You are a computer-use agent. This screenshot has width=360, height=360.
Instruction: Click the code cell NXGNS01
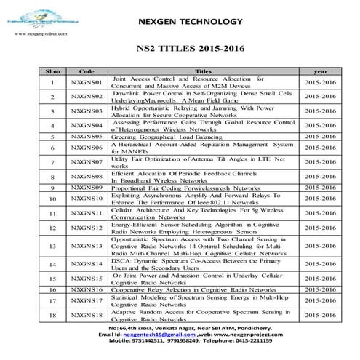(87, 82)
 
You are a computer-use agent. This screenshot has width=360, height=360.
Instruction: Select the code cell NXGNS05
(87, 136)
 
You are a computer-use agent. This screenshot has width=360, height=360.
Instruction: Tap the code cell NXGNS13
(87, 246)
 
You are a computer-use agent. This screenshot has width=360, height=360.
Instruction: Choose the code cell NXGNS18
(87, 315)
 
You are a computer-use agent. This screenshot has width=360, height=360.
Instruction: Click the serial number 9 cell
(52, 188)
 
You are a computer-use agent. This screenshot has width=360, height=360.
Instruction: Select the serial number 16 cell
(52, 289)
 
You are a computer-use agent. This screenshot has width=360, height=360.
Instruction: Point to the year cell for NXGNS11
(320, 213)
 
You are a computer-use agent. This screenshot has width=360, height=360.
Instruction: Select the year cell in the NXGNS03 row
(320, 111)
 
